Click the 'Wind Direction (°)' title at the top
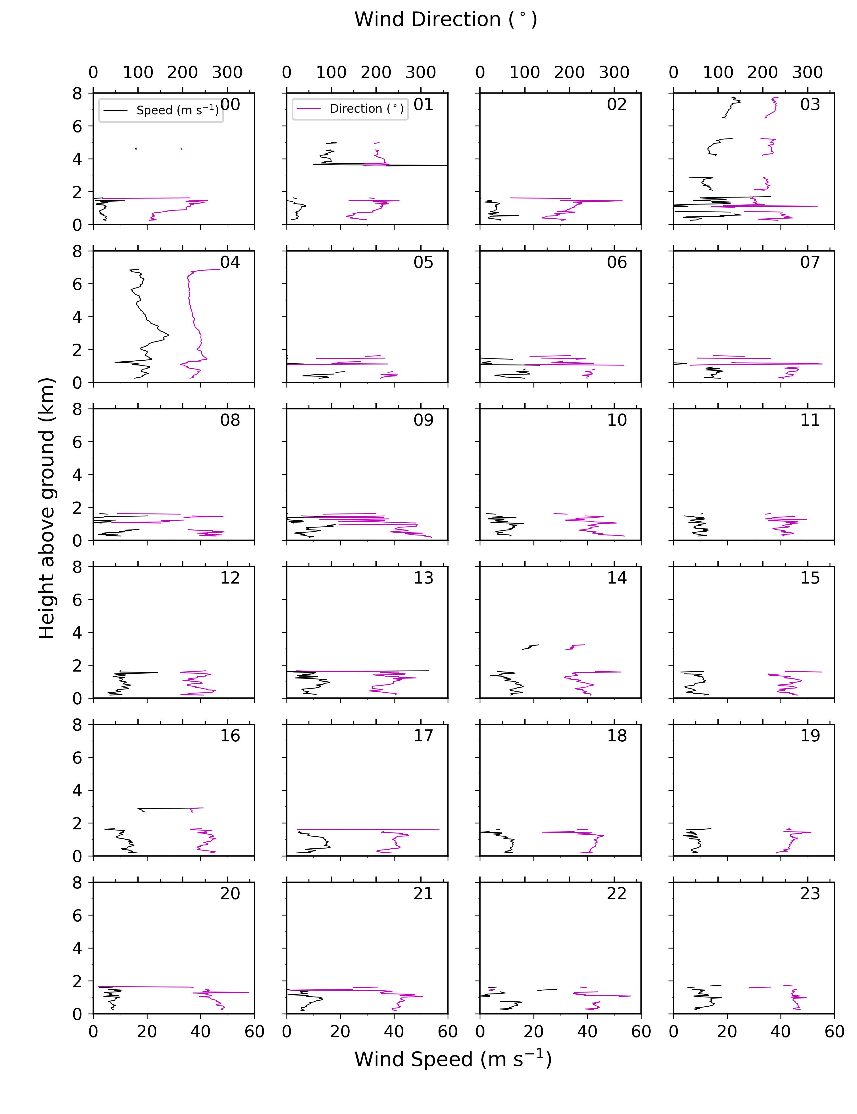click(x=446, y=19)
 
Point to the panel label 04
click(x=230, y=262)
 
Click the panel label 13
click(x=423, y=578)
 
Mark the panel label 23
click(x=810, y=894)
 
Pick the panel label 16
click(x=230, y=735)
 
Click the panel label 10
click(x=617, y=420)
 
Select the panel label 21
click(x=423, y=894)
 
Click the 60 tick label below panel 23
click(x=835, y=1032)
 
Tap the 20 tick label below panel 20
click(x=147, y=1032)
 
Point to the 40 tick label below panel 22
click(x=587, y=1032)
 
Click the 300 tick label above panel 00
click(x=227, y=72)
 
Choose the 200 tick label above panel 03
click(x=763, y=72)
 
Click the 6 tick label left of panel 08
click(x=77, y=442)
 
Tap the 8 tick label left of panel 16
click(x=77, y=725)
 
